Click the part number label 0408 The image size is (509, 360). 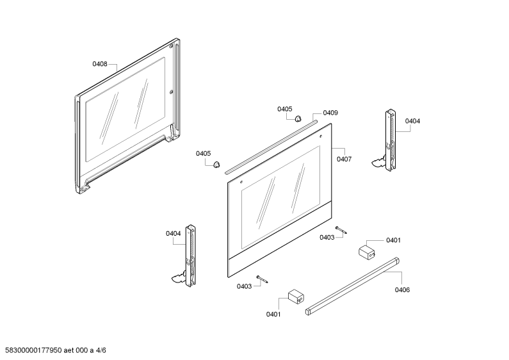pyautogui.click(x=100, y=64)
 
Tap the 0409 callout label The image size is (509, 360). pyautogui.click(x=330, y=113)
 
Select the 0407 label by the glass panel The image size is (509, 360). pyautogui.click(x=344, y=159)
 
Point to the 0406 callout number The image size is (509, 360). pyautogui.click(x=402, y=290)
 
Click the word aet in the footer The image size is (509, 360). pyautogui.click(x=69, y=350)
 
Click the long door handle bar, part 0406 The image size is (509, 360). pyautogui.click(x=353, y=286)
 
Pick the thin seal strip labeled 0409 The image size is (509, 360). pyautogui.click(x=271, y=147)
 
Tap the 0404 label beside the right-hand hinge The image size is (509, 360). pyautogui.click(x=412, y=121)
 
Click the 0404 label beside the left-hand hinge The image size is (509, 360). pyautogui.click(x=174, y=234)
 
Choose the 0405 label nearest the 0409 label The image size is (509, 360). pyautogui.click(x=285, y=109)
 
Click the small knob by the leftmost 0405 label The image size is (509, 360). pyautogui.click(x=216, y=165)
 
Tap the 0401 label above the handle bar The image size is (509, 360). pyautogui.click(x=393, y=240)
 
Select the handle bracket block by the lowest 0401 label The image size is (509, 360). pyautogui.click(x=296, y=297)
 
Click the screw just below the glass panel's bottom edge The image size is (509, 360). pyautogui.click(x=262, y=279)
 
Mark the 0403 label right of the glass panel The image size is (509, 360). pyautogui.click(x=327, y=237)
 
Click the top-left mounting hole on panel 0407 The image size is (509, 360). pyautogui.click(x=241, y=182)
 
